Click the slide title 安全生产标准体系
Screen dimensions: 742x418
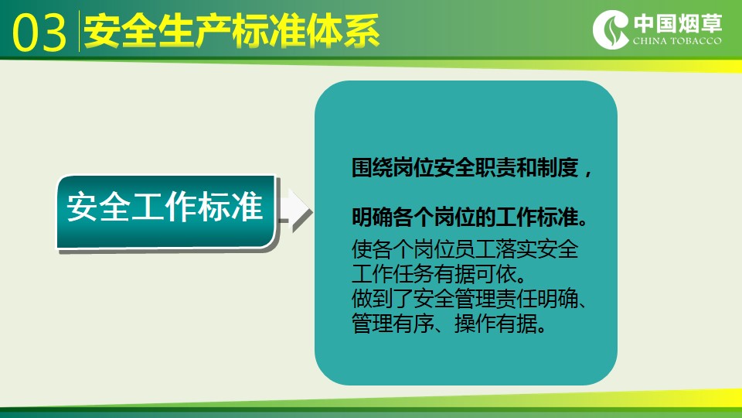(232, 31)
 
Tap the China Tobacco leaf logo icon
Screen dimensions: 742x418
(611, 29)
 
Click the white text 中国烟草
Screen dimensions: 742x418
(678, 23)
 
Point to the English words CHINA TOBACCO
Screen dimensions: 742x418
(677, 41)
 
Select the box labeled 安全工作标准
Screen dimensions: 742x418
(165, 211)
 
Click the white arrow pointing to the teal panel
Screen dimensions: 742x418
(294, 211)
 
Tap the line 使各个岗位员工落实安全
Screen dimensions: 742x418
(465, 249)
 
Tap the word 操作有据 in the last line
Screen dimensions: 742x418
(500, 324)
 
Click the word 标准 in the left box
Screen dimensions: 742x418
(230, 207)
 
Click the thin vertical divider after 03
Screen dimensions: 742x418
(79, 31)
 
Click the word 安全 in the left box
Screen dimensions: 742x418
(98, 207)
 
